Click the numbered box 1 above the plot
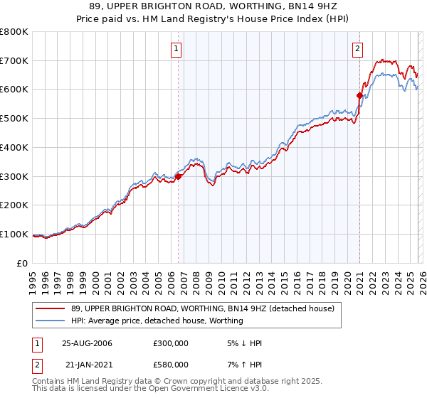(x=176, y=49)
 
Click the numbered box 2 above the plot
(x=357, y=49)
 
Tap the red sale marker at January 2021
(x=360, y=95)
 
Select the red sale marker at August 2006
(x=179, y=176)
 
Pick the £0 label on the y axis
(x=23, y=263)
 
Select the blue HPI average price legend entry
(x=157, y=321)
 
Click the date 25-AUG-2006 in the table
(x=87, y=343)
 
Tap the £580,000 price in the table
(x=170, y=365)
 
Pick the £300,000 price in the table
(x=170, y=343)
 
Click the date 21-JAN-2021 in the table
(x=88, y=365)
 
